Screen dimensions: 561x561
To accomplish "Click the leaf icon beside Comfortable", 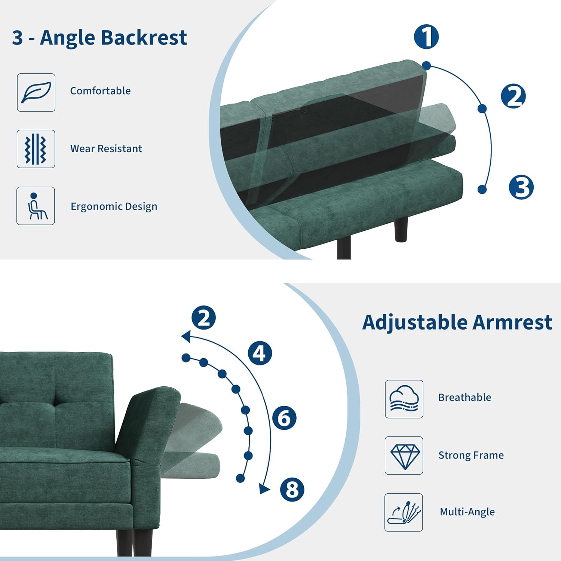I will [x=36, y=92].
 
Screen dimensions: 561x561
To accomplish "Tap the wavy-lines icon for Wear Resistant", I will [x=36, y=149].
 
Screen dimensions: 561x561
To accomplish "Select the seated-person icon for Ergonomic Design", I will [x=36, y=206].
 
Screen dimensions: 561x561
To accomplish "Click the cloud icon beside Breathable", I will [x=404, y=399].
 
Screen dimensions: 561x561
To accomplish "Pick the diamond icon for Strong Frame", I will [x=404, y=456].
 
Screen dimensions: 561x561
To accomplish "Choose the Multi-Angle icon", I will [x=404, y=512].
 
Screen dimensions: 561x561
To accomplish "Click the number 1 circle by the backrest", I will [x=426, y=37].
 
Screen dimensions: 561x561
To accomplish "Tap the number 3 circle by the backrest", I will [x=521, y=187].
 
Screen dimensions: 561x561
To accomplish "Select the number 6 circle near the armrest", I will [x=284, y=418].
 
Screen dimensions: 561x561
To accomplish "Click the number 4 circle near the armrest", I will [x=260, y=353].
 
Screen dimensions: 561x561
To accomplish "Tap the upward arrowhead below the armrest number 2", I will [x=186, y=336].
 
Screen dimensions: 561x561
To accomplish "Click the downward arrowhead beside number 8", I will [x=265, y=488].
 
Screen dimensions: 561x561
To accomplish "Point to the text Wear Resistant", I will [x=106, y=149].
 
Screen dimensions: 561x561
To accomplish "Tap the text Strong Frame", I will [x=471, y=455].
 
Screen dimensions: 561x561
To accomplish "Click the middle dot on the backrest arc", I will [x=482, y=108].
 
